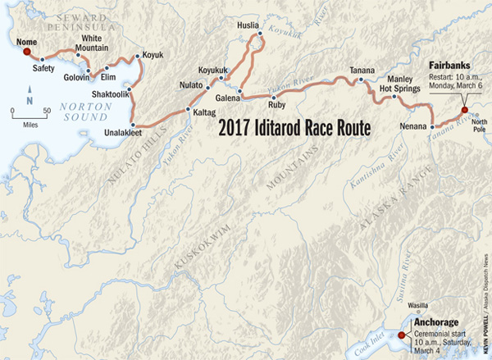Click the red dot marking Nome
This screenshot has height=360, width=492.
[26, 51]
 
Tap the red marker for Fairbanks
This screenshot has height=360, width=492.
[464, 110]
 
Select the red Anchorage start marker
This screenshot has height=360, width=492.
[401, 335]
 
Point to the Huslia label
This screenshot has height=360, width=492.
[247, 24]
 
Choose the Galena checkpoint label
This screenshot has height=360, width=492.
[226, 99]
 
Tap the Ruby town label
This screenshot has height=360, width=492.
[275, 105]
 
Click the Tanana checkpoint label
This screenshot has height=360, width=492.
[361, 68]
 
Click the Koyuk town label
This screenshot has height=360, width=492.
[153, 54]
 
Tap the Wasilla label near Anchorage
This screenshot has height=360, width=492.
[418, 302]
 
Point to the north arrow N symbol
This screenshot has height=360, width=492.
[29, 99]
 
